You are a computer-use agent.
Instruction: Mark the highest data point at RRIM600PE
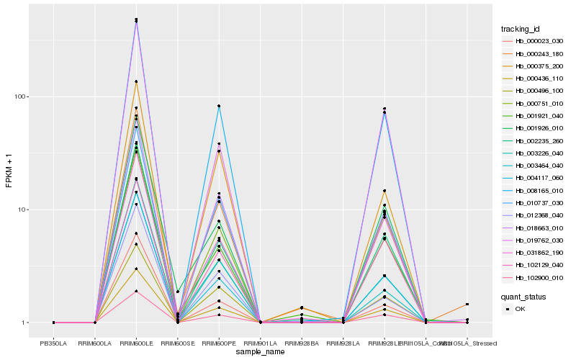coord(219,106)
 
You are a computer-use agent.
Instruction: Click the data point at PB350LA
coord(53,323)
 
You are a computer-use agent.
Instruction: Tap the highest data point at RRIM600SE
coord(178,292)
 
